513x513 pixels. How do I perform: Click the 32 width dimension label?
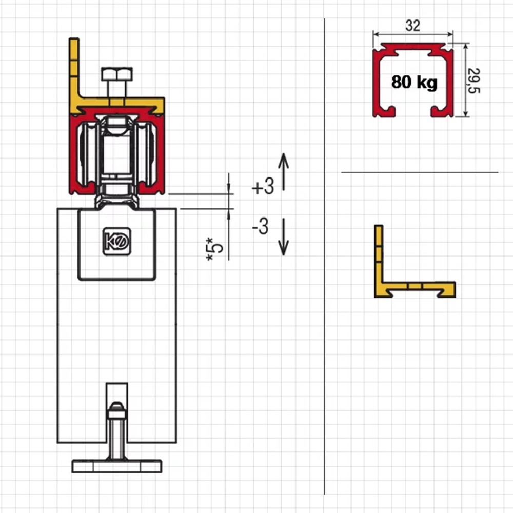(412, 26)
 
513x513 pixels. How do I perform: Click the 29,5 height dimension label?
(473, 81)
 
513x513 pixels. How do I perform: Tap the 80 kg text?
(414, 82)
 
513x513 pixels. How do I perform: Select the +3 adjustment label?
(263, 187)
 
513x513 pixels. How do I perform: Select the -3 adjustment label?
(261, 226)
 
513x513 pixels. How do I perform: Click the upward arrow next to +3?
(284, 171)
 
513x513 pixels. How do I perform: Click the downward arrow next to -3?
(283, 237)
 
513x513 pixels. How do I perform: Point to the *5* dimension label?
(214, 249)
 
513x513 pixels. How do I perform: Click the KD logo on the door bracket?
(117, 242)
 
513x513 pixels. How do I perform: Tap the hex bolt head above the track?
(117, 74)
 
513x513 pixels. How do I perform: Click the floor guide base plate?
(117, 466)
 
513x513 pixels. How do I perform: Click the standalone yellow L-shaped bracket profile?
(415, 262)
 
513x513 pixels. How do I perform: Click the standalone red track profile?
(413, 80)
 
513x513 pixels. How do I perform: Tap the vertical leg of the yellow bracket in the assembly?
(74, 71)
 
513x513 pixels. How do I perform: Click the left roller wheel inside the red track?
(85, 154)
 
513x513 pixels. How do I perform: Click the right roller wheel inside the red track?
(148, 154)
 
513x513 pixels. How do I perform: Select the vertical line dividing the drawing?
(325, 256)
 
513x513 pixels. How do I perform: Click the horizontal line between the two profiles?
(420, 172)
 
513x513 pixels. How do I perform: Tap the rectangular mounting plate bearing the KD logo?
(117, 244)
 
